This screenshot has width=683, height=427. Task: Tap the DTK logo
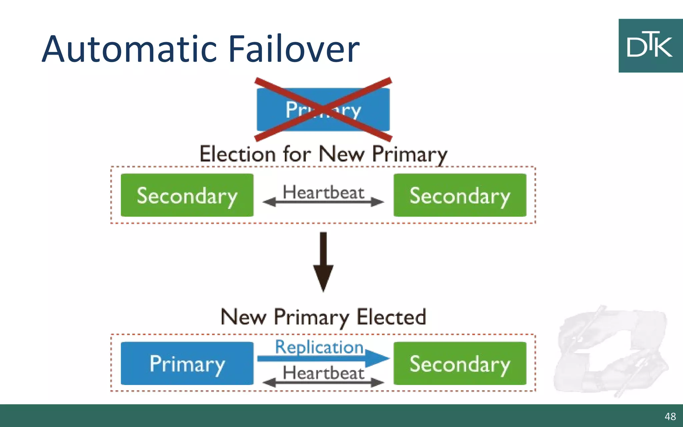(650, 46)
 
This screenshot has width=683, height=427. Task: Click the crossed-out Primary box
(323, 109)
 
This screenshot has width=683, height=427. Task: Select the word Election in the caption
(237, 154)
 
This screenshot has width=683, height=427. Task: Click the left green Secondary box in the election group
(187, 195)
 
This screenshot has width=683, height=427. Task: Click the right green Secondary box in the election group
(460, 195)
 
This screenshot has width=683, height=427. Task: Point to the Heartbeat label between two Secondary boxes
(323, 192)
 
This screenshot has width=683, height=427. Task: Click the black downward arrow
(323, 262)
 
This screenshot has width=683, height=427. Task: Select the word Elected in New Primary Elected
(392, 317)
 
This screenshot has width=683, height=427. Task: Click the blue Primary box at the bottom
(187, 363)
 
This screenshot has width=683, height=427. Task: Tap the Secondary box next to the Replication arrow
(460, 363)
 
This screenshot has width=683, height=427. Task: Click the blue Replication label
(319, 347)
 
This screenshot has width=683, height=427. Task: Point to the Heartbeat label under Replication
(323, 373)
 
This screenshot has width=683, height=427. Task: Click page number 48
(670, 416)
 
